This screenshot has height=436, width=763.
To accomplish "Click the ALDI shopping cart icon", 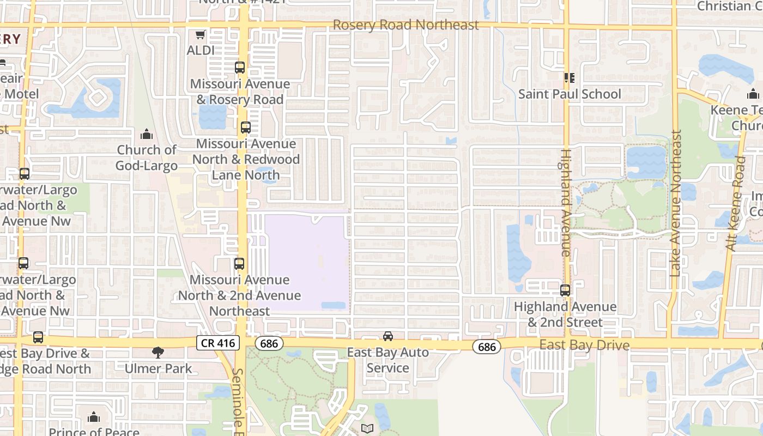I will (200, 35).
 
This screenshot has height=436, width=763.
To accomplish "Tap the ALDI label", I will (200, 50).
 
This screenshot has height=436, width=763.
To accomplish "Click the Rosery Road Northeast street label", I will (406, 25).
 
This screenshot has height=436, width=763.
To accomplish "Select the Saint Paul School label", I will (570, 94).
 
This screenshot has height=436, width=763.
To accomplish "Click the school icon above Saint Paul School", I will (570, 78).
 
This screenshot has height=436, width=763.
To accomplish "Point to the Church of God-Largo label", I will (147, 158).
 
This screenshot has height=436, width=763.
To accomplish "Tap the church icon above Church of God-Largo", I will (147, 135).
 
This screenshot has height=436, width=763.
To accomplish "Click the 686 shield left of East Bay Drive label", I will (486, 347).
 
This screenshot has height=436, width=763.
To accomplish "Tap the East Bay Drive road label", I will (584, 346).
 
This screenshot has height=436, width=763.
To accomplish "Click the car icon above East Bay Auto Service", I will (387, 336).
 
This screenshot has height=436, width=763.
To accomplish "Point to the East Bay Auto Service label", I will (387, 360).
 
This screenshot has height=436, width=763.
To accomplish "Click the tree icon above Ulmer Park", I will (158, 353).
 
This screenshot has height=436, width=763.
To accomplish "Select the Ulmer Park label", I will (158, 368).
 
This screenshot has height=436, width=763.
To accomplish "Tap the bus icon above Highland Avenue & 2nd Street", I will (565, 290).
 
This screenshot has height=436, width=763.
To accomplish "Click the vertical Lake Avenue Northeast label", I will (676, 203).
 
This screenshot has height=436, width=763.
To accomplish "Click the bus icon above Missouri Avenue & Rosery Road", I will (240, 68).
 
